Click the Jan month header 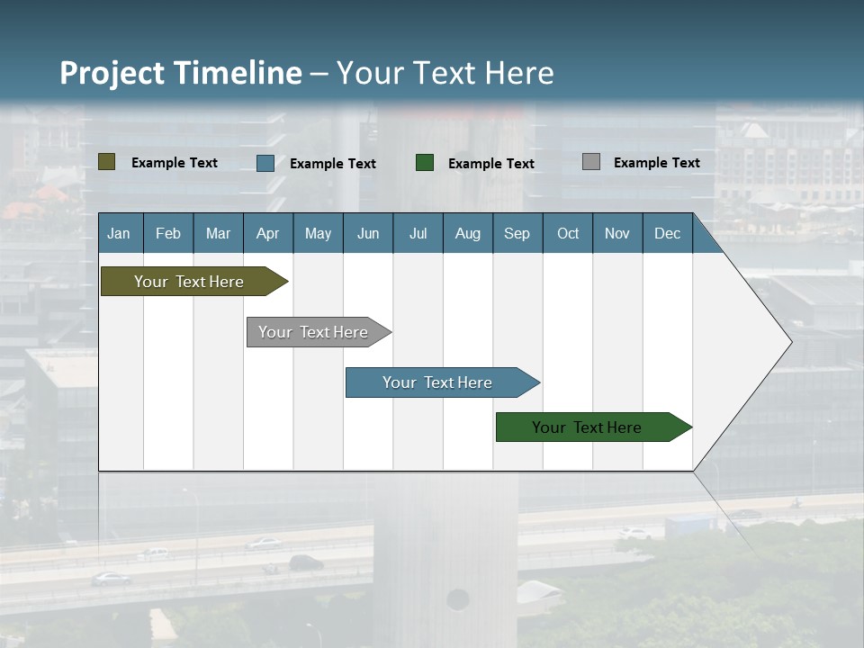[x=120, y=233]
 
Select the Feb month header [x=168, y=233]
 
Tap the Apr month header [x=268, y=233]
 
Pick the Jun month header [x=368, y=233]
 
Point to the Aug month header [x=468, y=233]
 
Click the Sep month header [x=517, y=233]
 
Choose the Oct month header [x=568, y=233]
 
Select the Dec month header [x=668, y=233]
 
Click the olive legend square [x=107, y=162]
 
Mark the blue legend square [x=265, y=163]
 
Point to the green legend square [x=425, y=163]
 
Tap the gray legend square [x=591, y=162]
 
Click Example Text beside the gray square [x=656, y=163]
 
